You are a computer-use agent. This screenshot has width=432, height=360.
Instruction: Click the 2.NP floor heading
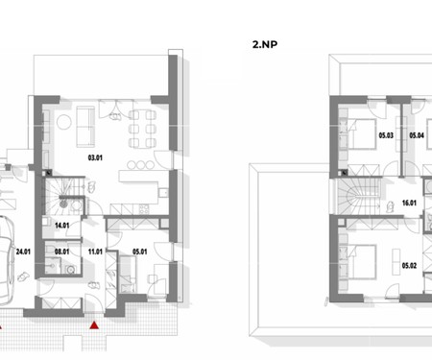click(265, 44)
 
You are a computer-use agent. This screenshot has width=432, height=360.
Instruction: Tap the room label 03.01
click(95, 157)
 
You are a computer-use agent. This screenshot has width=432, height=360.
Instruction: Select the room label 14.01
click(62, 226)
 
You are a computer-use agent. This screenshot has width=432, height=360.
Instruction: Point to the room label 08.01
click(61, 252)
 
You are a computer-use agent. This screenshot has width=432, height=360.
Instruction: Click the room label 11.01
click(95, 252)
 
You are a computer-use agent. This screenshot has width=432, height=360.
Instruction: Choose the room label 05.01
click(140, 252)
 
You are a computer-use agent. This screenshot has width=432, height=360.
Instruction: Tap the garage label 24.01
click(23, 252)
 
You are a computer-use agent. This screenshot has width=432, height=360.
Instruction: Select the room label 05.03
click(386, 135)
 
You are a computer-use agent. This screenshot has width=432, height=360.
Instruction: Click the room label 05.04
click(417, 135)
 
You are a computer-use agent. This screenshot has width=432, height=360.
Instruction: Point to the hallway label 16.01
click(409, 203)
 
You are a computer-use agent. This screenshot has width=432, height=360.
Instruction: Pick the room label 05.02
click(409, 265)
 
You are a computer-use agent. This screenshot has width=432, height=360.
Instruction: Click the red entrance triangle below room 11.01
click(94, 325)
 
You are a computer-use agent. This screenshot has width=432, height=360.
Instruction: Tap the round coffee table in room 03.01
click(64, 122)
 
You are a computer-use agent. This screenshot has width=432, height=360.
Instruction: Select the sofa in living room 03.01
click(85, 127)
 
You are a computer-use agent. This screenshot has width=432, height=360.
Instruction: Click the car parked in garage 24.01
click(6, 260)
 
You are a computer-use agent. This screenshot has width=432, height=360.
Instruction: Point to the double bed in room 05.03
click(362, 133)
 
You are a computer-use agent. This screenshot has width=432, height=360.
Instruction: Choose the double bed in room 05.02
click(362, 261)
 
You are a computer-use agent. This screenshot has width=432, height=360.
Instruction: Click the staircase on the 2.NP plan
click(359, 196)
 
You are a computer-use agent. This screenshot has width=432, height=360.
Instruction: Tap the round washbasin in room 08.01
click(71, 270)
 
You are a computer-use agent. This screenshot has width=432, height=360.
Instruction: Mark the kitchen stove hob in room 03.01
click(144, 209)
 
